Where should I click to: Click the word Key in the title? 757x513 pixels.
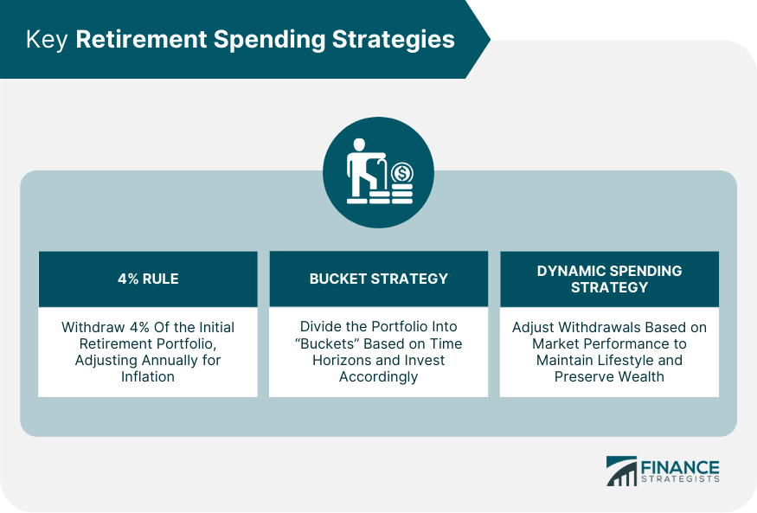47,40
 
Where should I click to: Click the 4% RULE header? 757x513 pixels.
147,279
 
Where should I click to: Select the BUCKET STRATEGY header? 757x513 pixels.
378,279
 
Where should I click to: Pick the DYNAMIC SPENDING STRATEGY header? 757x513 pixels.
609,279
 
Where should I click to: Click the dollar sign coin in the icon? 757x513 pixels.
401,173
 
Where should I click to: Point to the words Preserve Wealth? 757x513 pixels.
609,376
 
